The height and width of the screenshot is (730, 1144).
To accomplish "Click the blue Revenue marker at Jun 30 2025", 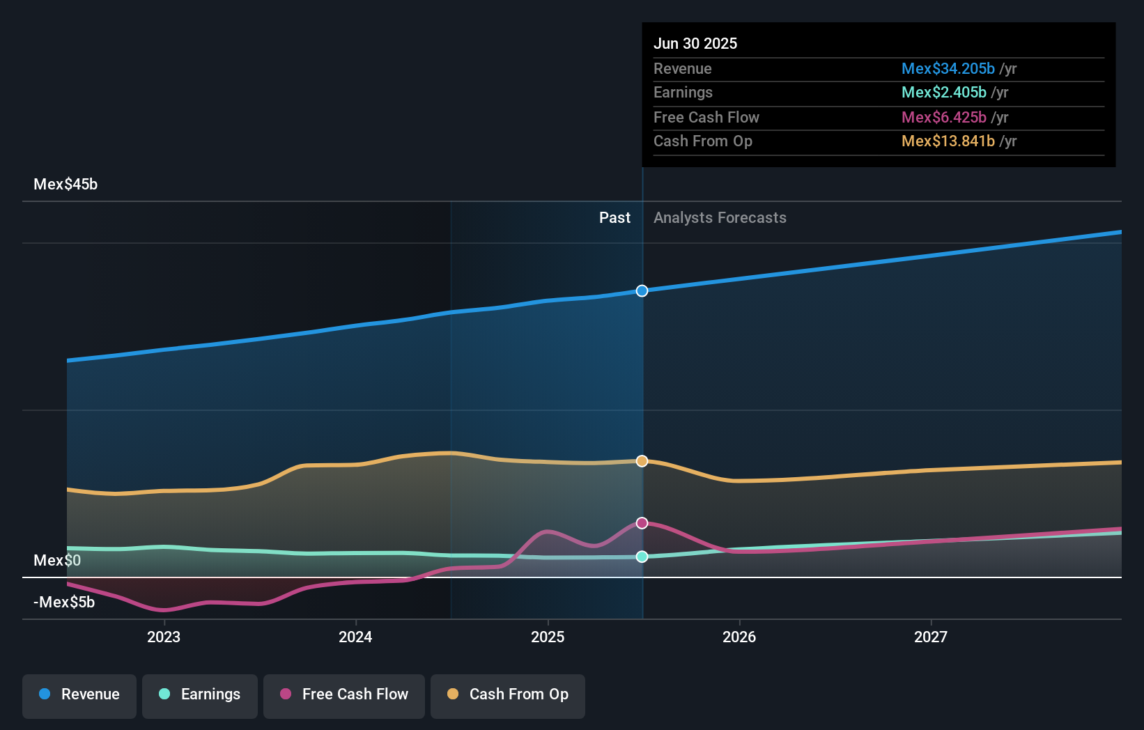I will [642, 290].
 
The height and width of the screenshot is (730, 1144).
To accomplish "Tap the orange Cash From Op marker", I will [642, 461].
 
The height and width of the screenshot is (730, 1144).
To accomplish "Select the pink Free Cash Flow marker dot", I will [642, 523].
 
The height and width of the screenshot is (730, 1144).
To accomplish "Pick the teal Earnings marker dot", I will [642, 557].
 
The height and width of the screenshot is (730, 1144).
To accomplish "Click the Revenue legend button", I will [79, 694].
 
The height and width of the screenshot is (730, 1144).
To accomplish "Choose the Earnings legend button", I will [200, 694].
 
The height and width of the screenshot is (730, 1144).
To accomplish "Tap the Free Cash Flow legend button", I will [344, 694].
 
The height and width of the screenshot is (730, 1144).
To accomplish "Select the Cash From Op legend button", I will [508, 694].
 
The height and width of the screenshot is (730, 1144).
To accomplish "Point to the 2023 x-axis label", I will [164, 637].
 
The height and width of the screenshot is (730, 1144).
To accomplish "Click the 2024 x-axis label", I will [355, 637].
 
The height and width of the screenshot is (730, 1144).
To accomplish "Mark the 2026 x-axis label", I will [739, 637].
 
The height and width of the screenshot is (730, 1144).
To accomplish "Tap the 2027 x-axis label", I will [931, 637].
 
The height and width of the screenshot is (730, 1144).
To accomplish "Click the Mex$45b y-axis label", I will [65, 185].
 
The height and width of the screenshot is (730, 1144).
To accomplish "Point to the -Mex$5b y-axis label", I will [64, 602].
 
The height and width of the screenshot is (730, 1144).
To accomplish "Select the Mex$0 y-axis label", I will [57, 560].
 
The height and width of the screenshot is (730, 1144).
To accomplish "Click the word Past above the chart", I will [614, 218].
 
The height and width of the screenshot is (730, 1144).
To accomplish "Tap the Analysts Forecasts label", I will [720, 218].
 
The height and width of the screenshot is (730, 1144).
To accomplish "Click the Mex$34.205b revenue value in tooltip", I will [948, 69].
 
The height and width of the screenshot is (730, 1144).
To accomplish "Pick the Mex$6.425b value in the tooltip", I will [943, 118].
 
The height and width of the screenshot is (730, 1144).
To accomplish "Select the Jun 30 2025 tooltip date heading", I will [695, 44].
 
